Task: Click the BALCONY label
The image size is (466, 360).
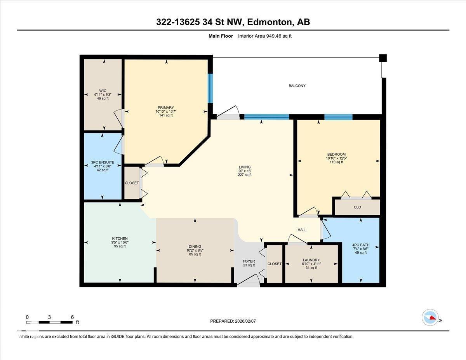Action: (297, 86)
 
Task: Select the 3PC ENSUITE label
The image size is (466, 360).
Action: (103, 162)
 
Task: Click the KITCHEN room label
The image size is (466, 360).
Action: (120, 239)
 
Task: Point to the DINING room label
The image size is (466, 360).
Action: (195, 246)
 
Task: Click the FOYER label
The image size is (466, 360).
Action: (249, 261)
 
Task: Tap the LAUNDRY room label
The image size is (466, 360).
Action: (311, 260)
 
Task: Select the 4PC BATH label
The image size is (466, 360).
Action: (360, 245)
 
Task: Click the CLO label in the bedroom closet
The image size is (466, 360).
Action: (357, 207)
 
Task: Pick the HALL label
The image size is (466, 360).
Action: (302, 230)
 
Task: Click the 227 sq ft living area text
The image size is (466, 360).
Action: (245, 175)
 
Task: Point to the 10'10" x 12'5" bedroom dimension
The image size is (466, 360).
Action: (336, 158)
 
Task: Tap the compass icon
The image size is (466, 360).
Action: (430, 317)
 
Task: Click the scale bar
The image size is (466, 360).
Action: (49, 322)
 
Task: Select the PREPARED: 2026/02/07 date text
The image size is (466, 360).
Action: (233, 321)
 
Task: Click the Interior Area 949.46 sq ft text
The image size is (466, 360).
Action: (264, 36)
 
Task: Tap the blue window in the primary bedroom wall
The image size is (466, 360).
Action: (210, 88)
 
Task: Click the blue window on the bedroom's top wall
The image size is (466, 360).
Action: (338, 117)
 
